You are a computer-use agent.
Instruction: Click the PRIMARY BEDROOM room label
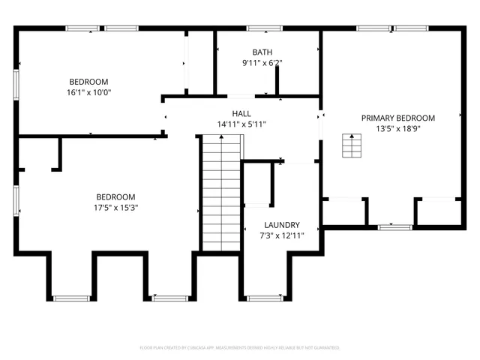[x=397, y=118]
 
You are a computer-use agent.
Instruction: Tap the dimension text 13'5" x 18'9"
[x=397, y=128]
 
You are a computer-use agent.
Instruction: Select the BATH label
[x=262, y=52]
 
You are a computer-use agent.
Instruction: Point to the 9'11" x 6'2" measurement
[x=262, y=62]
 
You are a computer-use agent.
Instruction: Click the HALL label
[x=241, y=113]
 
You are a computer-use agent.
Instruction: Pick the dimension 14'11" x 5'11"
[x=241, y=124]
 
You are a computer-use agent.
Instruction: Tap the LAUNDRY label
[x=282, y=225]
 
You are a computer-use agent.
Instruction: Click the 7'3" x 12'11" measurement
[x=282, y=235]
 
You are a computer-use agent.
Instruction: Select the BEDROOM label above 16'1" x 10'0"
[x=88, y=82]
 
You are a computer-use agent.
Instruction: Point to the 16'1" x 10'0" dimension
[x=88, y=92]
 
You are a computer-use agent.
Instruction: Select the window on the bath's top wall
[x=262, y=28]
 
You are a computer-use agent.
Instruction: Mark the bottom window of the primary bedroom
[x=394, y=226]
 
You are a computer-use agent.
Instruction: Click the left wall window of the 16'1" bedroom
[x=16, y=85]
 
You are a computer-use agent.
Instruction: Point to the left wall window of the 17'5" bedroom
[x=16, y=201]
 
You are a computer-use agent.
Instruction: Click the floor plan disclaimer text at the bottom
[x=240, y=348]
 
